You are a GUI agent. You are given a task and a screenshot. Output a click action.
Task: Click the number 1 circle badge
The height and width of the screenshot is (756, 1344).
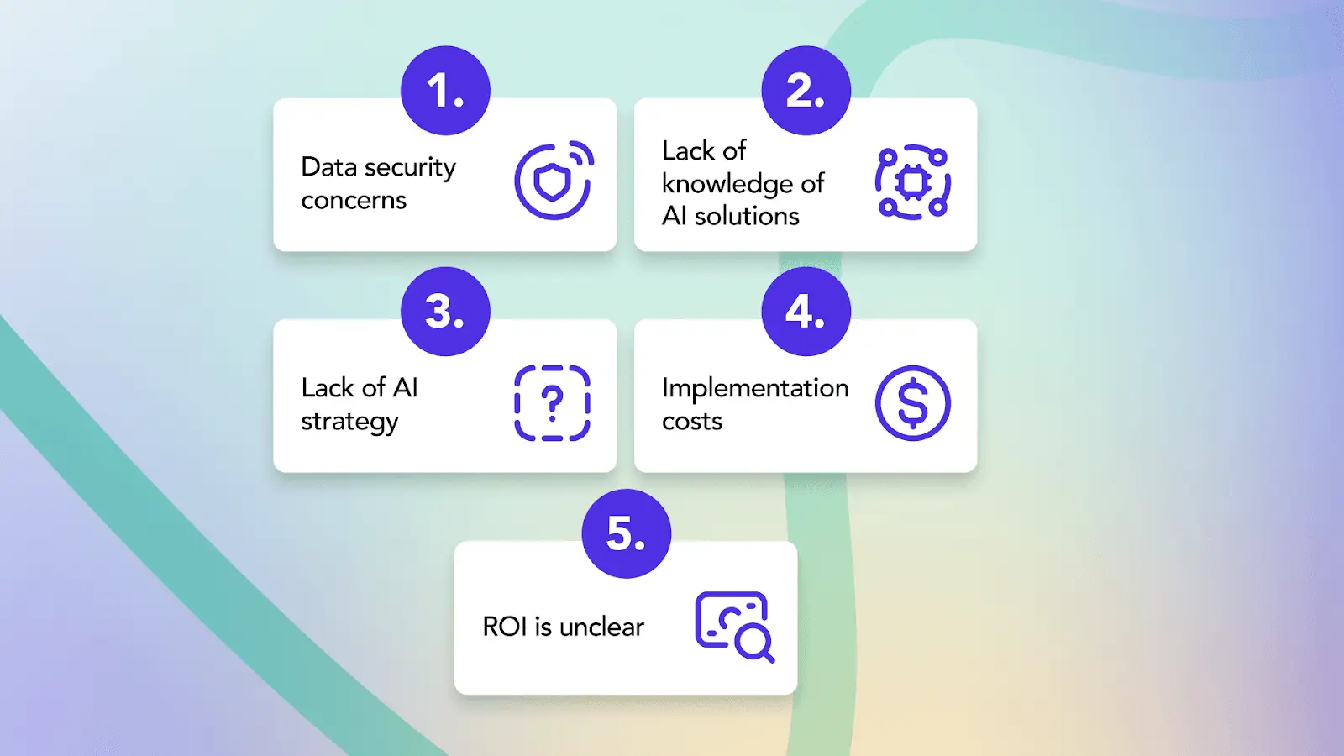pos(445,91)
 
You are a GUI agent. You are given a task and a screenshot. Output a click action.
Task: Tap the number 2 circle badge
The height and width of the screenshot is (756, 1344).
pos(806,91)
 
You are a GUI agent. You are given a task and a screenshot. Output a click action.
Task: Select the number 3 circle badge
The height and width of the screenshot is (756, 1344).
pos(445,312)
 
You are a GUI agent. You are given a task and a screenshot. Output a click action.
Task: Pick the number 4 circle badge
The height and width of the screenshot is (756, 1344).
pos(806,312)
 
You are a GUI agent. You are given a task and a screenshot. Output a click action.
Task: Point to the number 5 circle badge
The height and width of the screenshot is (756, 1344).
pos(627,533)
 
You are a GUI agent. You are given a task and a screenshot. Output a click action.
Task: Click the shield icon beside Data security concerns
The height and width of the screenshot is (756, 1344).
pos(553,181)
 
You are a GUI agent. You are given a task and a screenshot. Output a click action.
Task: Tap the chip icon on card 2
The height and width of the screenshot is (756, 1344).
pos(912,181)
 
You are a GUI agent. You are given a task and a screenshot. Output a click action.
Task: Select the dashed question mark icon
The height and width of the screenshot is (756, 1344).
pos(552,403)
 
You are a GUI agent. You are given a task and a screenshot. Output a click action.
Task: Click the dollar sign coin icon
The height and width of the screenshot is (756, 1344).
pos(912,403)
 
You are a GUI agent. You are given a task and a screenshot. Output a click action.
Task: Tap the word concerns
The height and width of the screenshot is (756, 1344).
pos(354,201)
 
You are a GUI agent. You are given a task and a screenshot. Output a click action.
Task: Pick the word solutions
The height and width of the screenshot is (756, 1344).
pos(747,216)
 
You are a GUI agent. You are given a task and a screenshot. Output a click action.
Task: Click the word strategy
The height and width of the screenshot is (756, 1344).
pos(349,421)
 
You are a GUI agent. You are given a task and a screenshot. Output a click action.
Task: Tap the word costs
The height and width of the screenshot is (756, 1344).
pos(692,422)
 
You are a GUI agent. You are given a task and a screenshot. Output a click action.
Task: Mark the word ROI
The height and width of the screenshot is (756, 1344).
pos(505,627)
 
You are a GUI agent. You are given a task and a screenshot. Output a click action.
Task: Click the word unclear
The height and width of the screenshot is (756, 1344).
pos(601,627)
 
